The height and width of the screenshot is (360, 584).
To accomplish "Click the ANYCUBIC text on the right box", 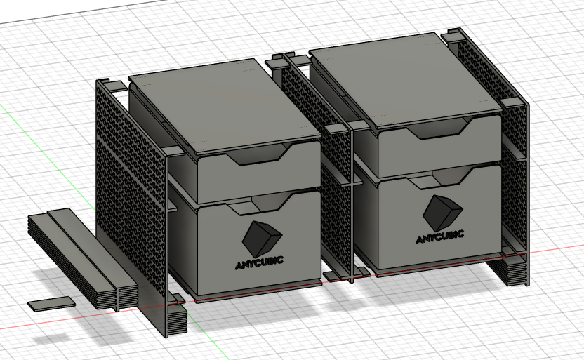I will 439,237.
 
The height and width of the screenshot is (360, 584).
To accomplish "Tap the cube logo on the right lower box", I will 442,212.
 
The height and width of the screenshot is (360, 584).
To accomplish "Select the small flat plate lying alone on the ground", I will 51,304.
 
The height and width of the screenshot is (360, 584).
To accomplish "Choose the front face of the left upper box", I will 253,179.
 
